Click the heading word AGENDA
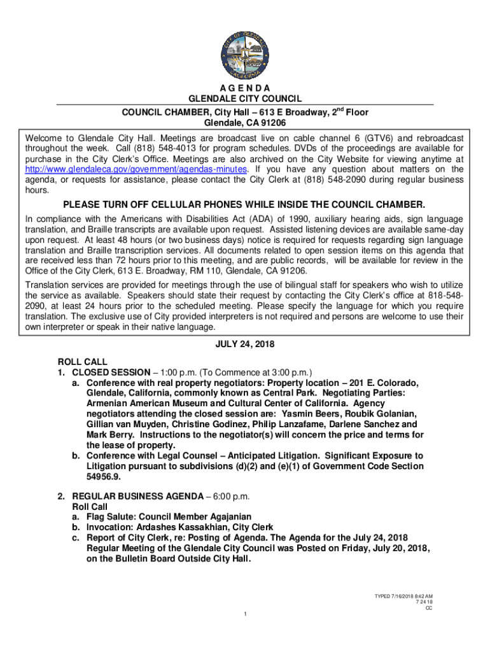[x=245, y=88]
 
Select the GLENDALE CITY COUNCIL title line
[x=245, y=99]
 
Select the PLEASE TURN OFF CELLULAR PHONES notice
[x=244, y=205]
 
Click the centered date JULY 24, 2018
[x=245, y=345]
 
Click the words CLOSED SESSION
[x=111, y=372]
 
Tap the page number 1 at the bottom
[x=245, y=613]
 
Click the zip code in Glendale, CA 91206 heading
[x=270, y=123]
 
